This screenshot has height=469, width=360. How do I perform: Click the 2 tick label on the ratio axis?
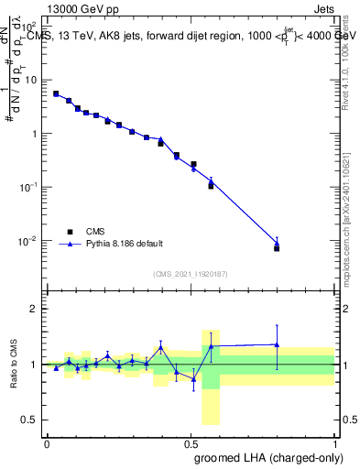[36, 309]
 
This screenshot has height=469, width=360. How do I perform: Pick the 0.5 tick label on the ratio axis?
[32, 420]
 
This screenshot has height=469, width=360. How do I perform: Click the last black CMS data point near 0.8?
[277, 248]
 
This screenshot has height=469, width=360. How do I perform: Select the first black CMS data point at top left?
[56, 93]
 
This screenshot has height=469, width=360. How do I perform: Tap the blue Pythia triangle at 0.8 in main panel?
[277, 243]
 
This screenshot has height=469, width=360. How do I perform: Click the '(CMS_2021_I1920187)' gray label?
[190, 274]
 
